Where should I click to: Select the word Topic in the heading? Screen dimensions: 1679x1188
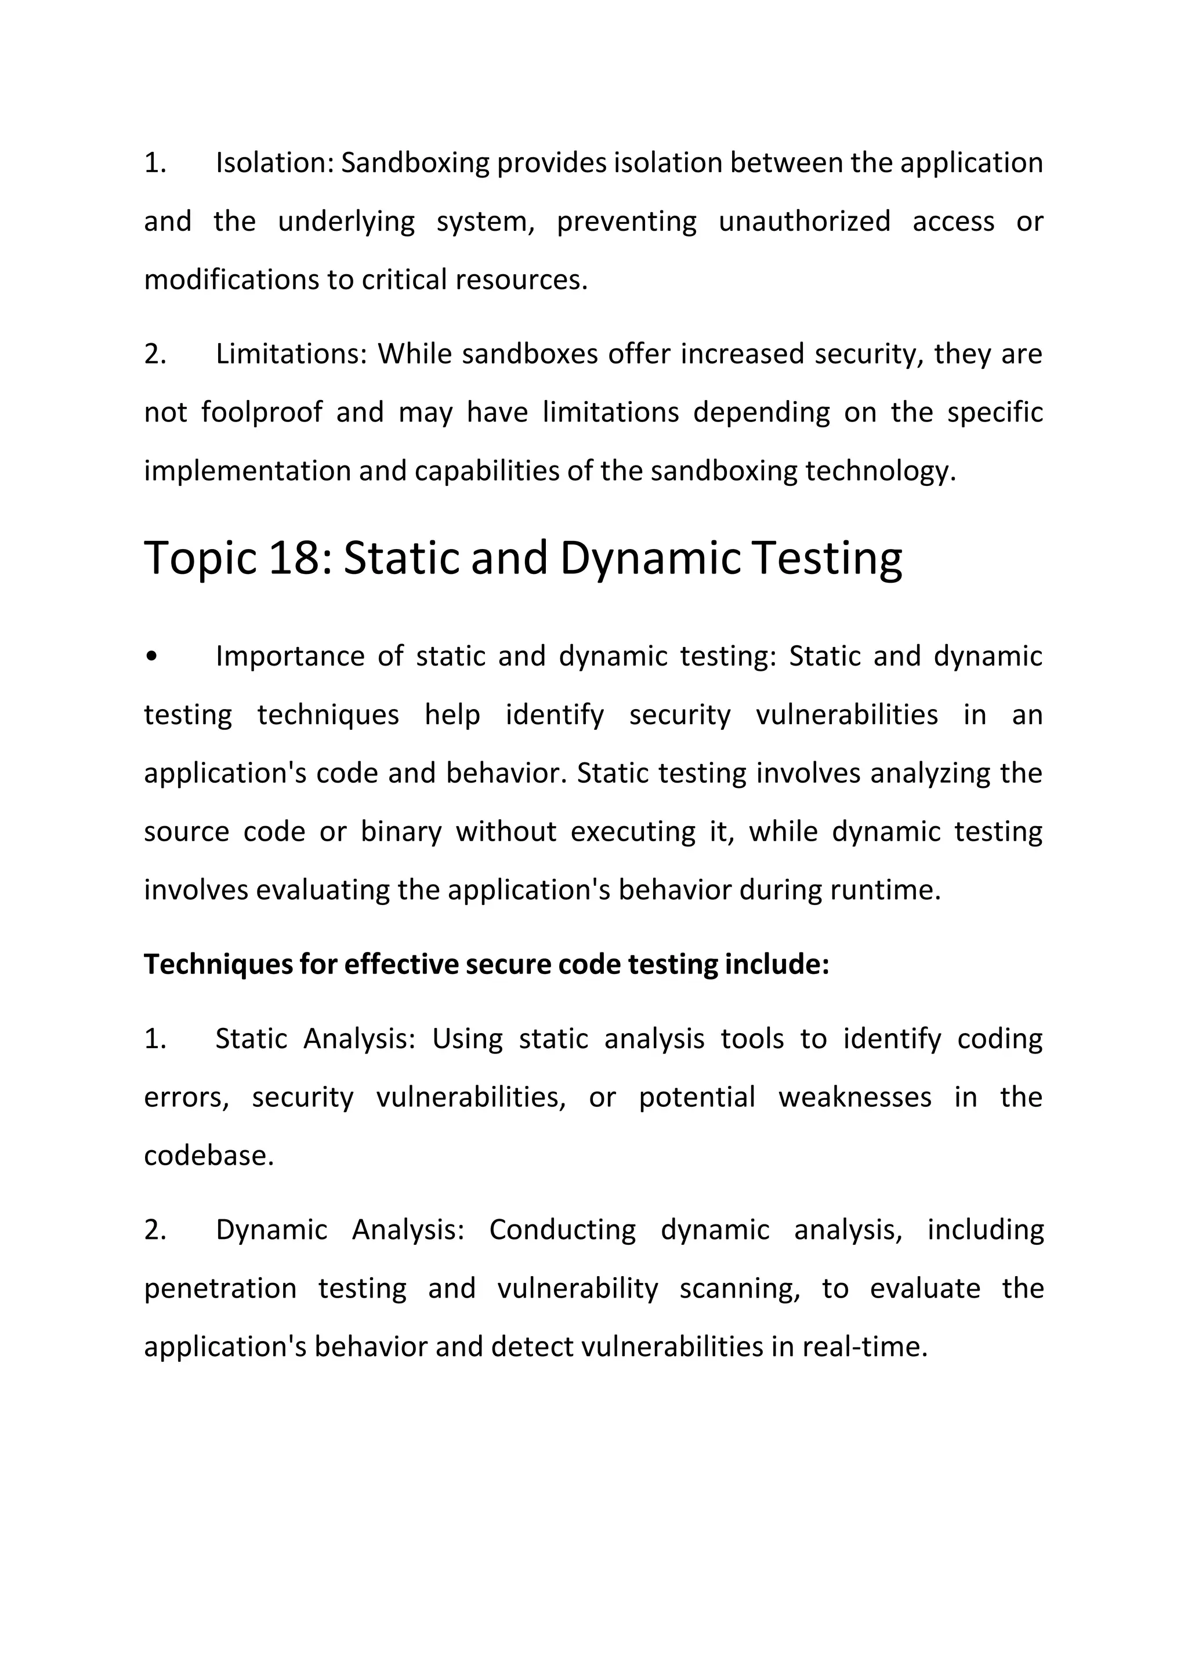201,558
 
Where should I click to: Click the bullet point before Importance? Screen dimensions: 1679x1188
151,657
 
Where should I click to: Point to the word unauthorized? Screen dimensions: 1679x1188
804,221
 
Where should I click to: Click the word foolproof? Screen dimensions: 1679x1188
261,412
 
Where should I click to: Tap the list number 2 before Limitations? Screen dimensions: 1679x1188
154,354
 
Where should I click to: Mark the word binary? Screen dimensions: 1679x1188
401,832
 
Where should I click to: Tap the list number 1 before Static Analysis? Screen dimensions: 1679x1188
154,1039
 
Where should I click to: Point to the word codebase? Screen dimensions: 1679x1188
208,1156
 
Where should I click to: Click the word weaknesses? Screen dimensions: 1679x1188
854,1097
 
